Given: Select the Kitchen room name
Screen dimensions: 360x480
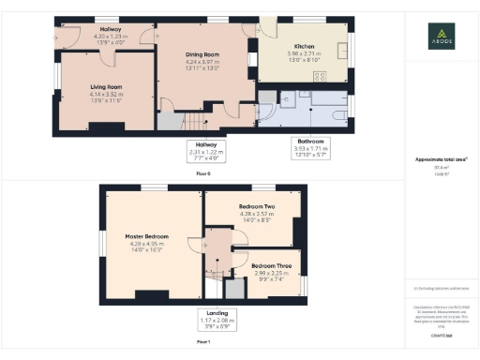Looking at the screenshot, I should coord(304,46).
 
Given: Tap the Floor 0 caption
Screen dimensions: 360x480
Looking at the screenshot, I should coord(203,173).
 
